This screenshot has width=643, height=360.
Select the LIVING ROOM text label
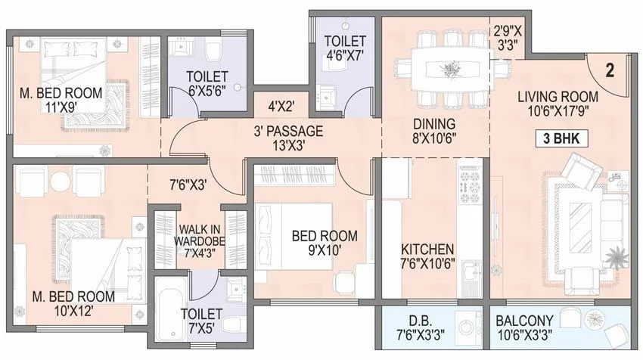558,97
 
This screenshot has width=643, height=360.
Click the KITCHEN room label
427,249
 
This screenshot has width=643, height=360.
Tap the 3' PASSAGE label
288,131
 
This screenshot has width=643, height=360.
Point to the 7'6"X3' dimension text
188,182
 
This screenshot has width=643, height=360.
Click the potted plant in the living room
618,257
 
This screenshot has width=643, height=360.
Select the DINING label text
433,123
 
